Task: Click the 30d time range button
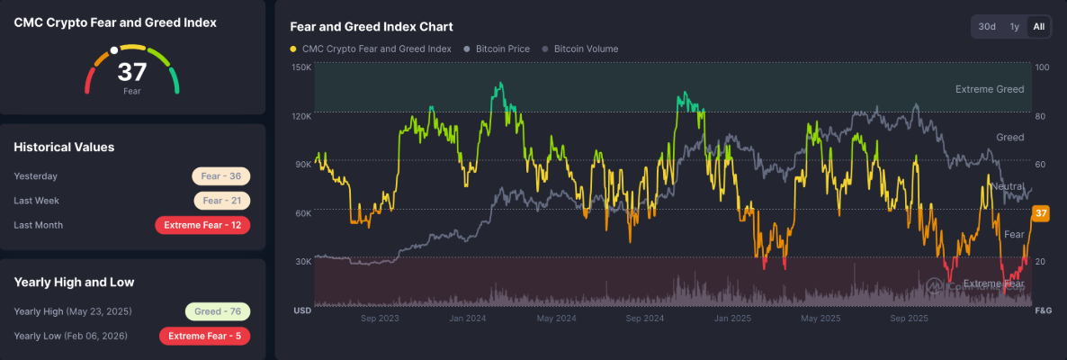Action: (987, 27)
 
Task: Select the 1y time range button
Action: (1015, 27)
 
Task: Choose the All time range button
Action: (1039, 27)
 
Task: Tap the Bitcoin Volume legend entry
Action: (586, 49)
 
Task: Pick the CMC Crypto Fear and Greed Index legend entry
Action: (376, 49)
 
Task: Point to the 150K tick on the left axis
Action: (301, 67)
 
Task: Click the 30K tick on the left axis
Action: (302, 261)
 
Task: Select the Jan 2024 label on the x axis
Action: (468, 319)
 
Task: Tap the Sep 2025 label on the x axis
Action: (909, 319)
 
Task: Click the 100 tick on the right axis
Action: (1043, 67)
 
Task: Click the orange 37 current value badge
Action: (1041, 213)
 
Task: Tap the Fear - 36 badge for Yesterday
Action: (221, 176)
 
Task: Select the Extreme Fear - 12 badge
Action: (202, 225)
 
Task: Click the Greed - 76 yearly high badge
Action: (218, 311)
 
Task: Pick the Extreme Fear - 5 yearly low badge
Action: (204, 336)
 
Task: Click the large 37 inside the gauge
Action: (131, 72)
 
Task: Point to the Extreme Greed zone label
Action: (990, 89)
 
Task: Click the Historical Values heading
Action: (64, 147)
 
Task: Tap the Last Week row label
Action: (37, 201)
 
